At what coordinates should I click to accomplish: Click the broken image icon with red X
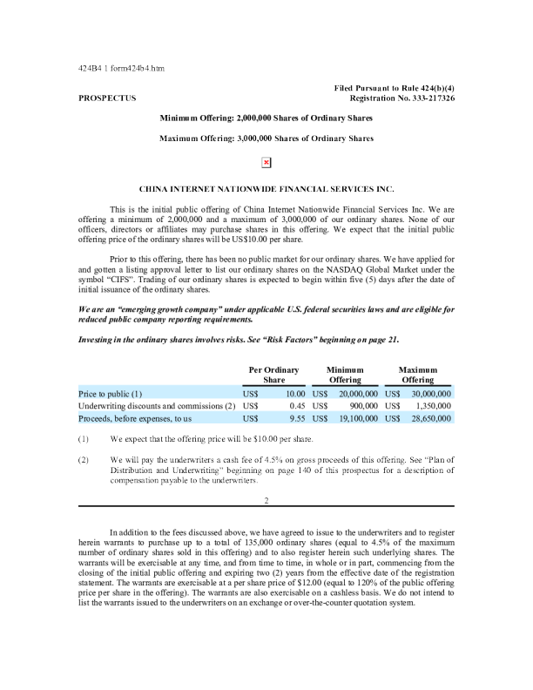(x=266, y=162)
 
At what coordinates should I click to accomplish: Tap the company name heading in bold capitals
(x=266, y=187)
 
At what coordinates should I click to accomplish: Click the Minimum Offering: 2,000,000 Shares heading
(x=266, y=118)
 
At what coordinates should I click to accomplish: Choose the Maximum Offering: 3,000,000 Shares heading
(x=266, y=139)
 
